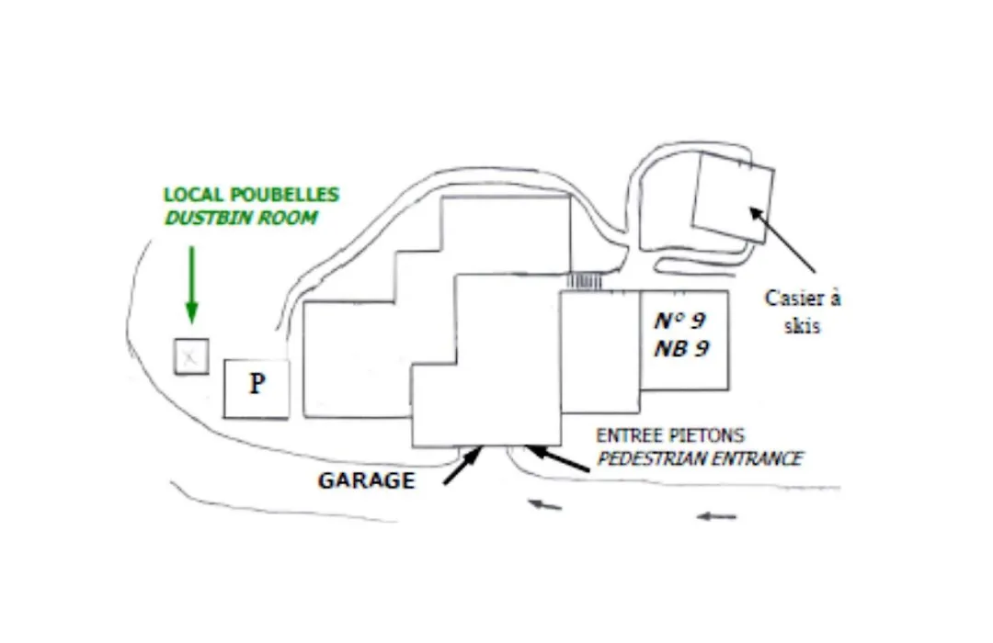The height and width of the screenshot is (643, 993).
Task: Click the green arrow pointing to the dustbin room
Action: [192, 285]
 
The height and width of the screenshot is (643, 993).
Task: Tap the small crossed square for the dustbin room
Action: [191, 356]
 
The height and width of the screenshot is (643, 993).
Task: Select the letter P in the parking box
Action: [257, 384]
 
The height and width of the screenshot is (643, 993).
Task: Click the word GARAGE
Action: [366, 480]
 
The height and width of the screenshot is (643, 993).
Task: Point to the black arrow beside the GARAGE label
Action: [462, 465]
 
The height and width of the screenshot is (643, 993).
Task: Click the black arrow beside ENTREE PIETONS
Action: [557, 457]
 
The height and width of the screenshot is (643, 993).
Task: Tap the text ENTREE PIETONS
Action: [670, 435]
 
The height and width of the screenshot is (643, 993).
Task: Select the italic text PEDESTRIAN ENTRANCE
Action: [700, 457]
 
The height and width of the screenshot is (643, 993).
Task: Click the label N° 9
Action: [680, 321]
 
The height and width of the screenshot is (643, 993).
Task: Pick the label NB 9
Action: [681, 349]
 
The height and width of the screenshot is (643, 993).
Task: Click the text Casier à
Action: [803, 299]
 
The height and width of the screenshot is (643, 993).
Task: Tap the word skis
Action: [802, 325]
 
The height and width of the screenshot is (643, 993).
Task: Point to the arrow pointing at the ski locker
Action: [782, 240]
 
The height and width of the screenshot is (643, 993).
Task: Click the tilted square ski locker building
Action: [733, 197]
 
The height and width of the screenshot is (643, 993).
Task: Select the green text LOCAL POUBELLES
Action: [251, 195]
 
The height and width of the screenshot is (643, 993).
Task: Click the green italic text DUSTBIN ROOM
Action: [241, 218]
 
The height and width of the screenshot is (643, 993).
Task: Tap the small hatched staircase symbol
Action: [584, 281]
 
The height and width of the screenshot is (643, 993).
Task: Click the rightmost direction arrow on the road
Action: [716, 516]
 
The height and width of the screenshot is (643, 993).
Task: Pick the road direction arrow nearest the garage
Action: [544, 504]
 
